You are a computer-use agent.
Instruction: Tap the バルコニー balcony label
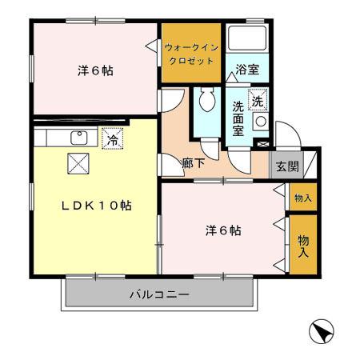pyautogui.click(x=159, y=295)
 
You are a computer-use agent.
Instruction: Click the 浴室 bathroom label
pyautogui.click(x=247, y=70)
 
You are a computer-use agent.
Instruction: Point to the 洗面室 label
pyautogui.click(x=238, y=118)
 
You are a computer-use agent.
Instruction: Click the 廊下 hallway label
pyautogui.click(x=192, y=162)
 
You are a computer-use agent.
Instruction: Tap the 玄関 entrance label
pyautogui.click(x=288, y=167)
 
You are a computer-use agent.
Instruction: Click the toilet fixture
pyautogui.click(x=206, y=102)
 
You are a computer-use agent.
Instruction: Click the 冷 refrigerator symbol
pyautogui.click(x=113, y=138)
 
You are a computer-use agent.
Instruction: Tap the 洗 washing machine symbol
pyautogui.click(x=258, y=102)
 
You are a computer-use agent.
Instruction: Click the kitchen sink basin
pyautogui.click(x=78, y=137)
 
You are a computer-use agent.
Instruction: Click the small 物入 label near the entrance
pyautogui.click(x=302, y=198)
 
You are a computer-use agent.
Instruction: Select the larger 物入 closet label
pyautogui.click(x=303, y=245)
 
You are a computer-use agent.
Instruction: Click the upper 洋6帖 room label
pyautogui.click(x=95, y=70)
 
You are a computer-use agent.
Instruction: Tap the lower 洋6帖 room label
pyautogui.click(x=223, y=232)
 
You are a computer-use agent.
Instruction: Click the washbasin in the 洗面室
pyautogui.click(x=260, y=122)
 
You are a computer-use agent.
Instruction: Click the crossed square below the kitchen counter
pyautogui.click(x=78, y=163)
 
